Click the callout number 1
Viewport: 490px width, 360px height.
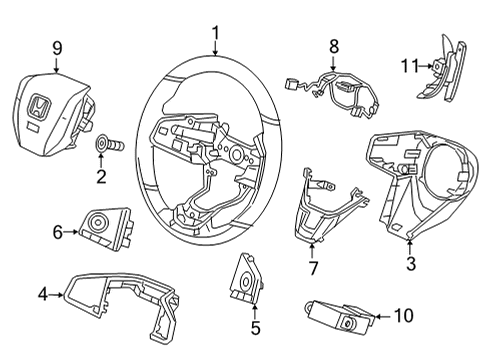(x=216, y=33)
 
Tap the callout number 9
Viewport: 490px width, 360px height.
(x=57, y=49)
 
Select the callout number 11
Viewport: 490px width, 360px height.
(x=409, y=66)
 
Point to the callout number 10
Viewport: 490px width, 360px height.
(x=404, y=315)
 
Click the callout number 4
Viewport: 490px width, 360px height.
(x=43, y=294)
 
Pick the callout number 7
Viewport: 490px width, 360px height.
(x=313, y=268)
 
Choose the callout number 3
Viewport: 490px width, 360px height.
(x=411, y=263)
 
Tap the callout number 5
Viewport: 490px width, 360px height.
(x=255, y=328)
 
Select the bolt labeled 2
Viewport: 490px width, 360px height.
(x=109, y=144)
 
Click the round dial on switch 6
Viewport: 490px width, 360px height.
(x=99, y=221)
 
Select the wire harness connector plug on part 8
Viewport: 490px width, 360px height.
(x=291, y=83)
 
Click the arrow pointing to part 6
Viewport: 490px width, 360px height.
(x=71, y=231)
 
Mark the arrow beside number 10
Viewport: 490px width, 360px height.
(x=383, y=316)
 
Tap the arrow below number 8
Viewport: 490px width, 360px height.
(x=333, y=62)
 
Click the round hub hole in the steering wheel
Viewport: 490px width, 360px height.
(x=237, y=153)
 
